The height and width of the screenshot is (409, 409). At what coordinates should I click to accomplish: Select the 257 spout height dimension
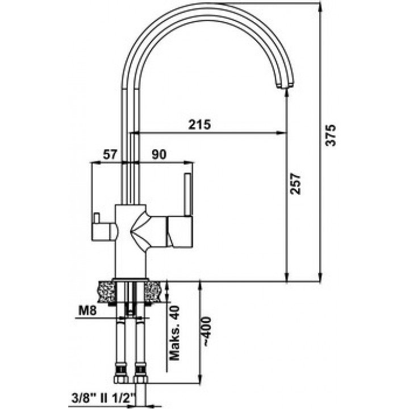tap(296, 183)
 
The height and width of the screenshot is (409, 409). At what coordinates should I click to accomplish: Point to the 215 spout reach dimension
tap(199, 124)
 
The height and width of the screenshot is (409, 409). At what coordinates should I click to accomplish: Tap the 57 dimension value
tap(110, 155)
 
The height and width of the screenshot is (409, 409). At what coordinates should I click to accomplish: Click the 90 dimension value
tap(159, 155)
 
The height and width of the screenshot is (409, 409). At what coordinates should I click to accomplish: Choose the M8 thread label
tap(87, 310)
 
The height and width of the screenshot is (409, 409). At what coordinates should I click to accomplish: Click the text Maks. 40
tap(174, 333)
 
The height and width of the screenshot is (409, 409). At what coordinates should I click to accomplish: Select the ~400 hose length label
tap(206, 331)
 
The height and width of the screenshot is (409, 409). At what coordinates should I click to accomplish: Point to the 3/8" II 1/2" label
tap(103, 398)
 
